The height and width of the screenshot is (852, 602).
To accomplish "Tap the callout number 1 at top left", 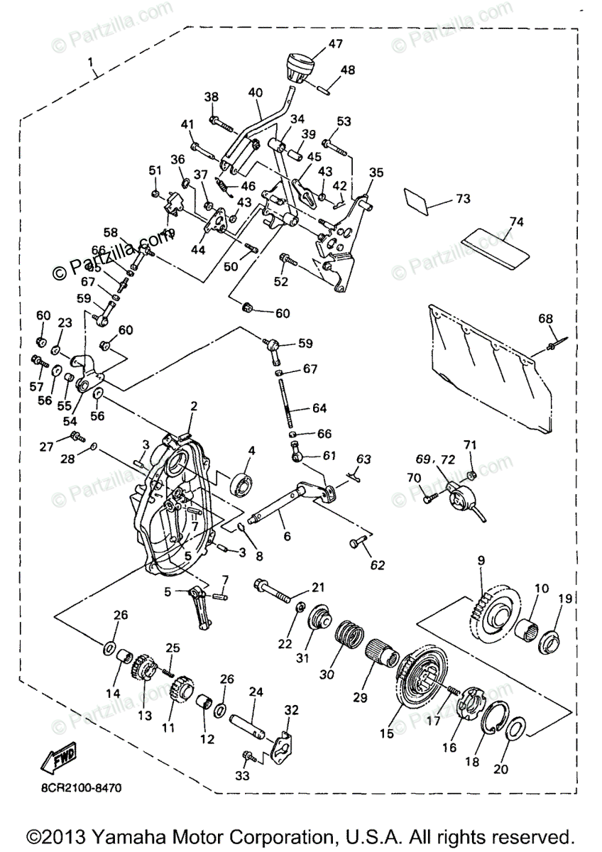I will click(92, 62).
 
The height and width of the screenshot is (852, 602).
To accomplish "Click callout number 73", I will click(463, 199).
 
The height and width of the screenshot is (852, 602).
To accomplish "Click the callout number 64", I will click(319, 408).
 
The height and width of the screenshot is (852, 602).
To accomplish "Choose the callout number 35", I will click(376, 173).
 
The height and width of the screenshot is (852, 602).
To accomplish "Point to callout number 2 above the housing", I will click(193, 407).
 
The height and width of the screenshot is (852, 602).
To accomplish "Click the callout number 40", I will click(256, 93).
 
